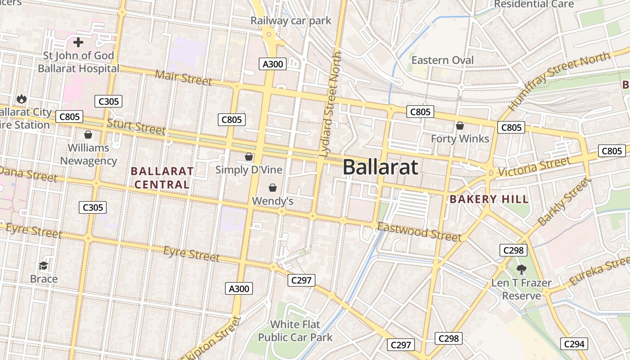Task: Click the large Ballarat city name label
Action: coord(380,167)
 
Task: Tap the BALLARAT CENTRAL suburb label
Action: coord(162,178)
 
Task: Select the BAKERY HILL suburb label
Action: coord(489,199)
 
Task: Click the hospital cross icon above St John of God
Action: coord(78,43)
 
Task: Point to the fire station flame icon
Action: coord(21,99)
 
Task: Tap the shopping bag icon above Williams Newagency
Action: coord(88,135)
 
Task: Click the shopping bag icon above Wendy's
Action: coord(272,187)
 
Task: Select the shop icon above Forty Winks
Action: coord(460,126)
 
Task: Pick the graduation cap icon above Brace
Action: coord(44,266)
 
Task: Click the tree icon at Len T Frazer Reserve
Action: coord(522,270)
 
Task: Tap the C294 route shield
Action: coord(574,344)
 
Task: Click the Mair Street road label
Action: coord(183,77)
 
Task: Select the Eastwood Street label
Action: coord(419,232)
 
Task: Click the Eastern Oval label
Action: coord(442,60)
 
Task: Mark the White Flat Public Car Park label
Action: coord(295,331)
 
